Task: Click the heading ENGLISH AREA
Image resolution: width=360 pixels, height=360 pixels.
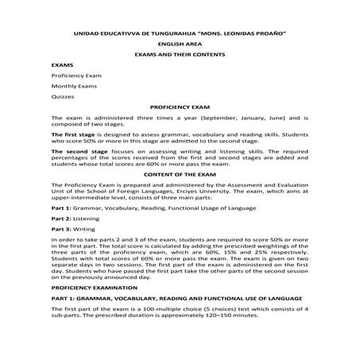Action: [x=180, y=45]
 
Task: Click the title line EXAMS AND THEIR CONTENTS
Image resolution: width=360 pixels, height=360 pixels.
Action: [x=180, y=54]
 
